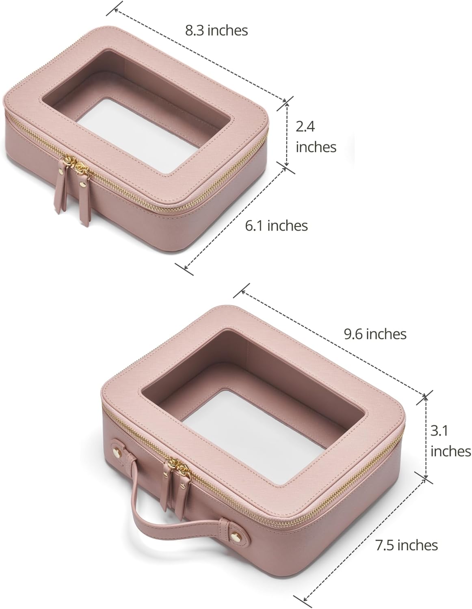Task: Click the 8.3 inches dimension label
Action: (217, 30)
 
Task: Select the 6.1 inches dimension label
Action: (276, 225)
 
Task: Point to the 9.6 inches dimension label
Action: (375, 334)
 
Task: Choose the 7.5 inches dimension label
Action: (407, 545)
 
